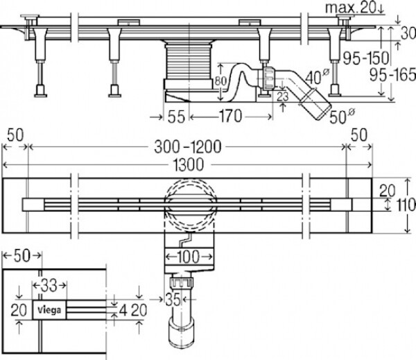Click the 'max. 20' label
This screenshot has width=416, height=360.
coord(351,8)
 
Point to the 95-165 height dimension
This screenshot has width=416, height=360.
coord(392,75)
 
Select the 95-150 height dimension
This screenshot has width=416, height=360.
coord(366,58)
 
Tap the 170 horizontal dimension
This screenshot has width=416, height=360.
coord(230,117)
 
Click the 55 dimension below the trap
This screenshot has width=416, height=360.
coord(176,117)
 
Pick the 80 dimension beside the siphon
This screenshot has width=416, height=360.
coord(220,81)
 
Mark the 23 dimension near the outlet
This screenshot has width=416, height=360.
coord(283,96)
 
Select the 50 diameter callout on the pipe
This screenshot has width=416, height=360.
coord(342,117)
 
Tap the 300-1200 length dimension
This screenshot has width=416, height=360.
coord(188,147)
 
